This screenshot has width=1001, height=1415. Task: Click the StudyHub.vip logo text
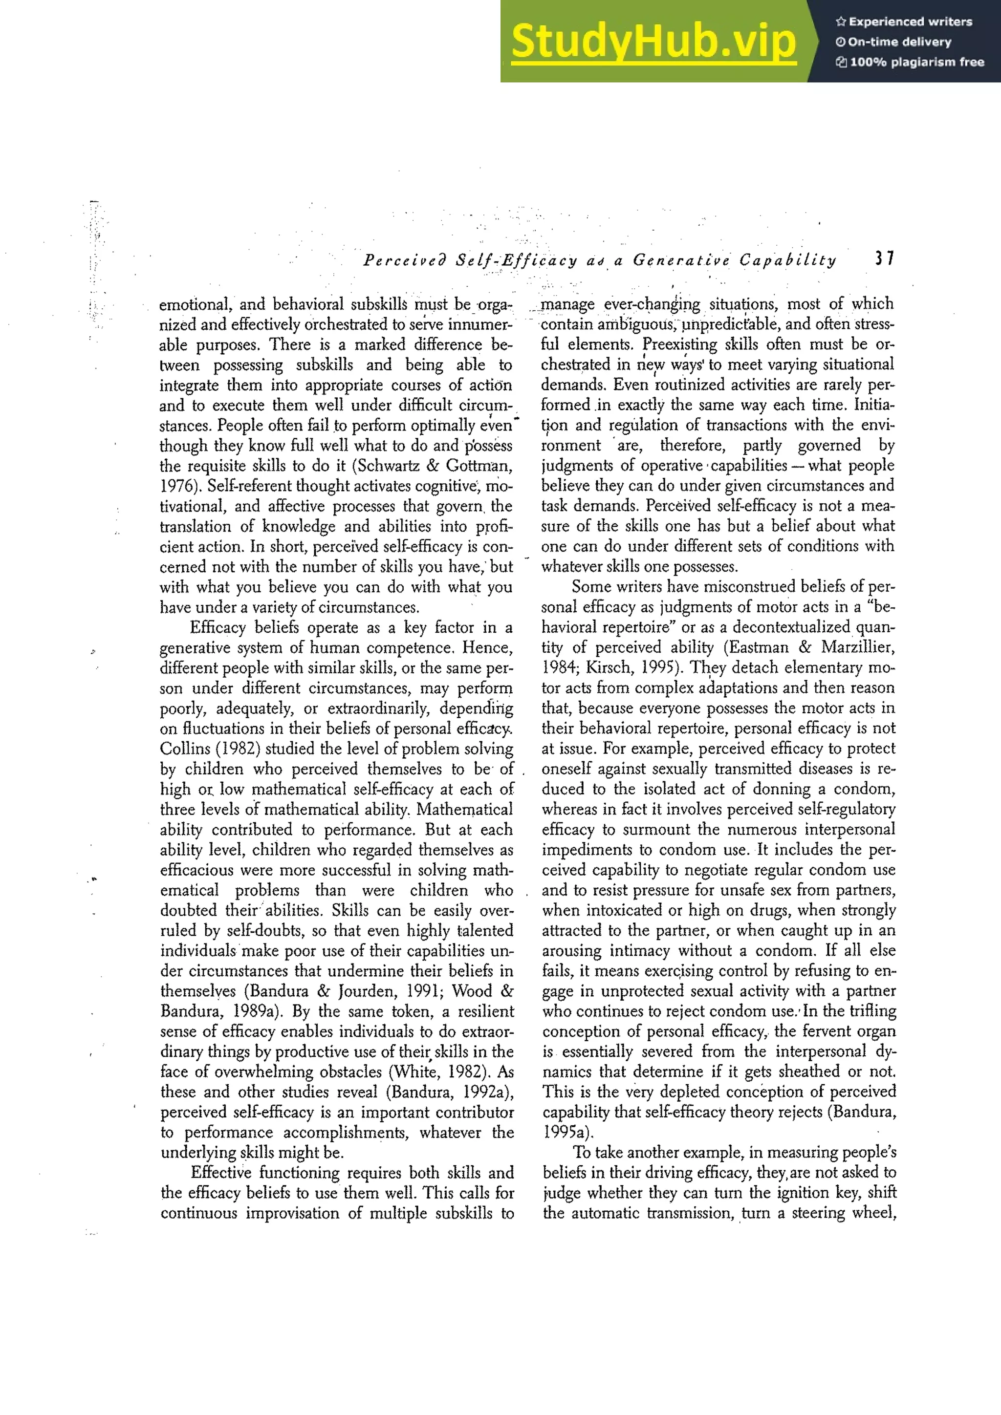pos(653,42)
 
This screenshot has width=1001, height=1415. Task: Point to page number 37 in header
pos(884,259)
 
